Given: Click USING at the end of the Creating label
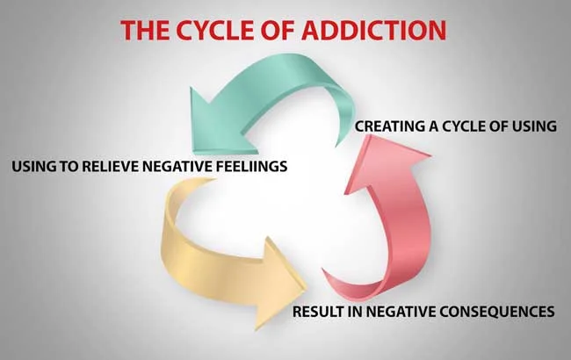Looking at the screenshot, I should [535, 126].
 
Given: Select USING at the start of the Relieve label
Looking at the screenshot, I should [33, 164].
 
